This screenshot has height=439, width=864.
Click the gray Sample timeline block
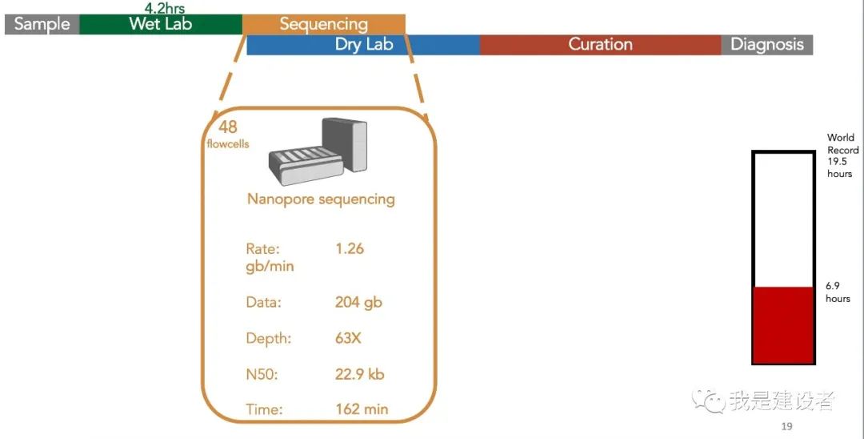pyautogui.click(x=42, y=24)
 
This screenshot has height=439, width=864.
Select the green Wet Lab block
pyautogui.click(x=161, y=24)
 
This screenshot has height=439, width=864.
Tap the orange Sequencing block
pyautogui.click(x=324, y=24)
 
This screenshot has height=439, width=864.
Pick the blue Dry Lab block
pyautogui.click(x=364, y=45)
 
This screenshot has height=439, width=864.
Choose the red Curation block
pyautogui.click(x=601, y=45)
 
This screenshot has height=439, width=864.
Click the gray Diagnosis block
pyautogui.click(x=767, y=45)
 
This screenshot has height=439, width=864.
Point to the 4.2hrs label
pyautogui.click(x=165, y=8)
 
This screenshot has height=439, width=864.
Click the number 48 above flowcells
pyautogui.click(x=227, y=127)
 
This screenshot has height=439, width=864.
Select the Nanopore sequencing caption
pyautogui.click(x=321, y=199)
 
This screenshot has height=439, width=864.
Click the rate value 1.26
pyautogui.click(x=350, y=248)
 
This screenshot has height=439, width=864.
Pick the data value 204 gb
pyautogui.click(x=358, y=302)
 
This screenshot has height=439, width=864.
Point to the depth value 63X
pyautogui.click(x=348, y=338)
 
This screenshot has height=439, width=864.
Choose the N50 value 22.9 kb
pyautogui.click(x=359, y=374)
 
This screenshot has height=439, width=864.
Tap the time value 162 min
pyautogui.click(x=362, y=409)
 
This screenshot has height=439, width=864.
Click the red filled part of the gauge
pyautogui.click(x=783, y=324)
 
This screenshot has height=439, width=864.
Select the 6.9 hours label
pyautogui.click(x=838, y=292)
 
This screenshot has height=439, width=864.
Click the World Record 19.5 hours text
pyautogui.click(x=842, y=155)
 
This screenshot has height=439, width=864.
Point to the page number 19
pyautogui.click(x=787, y=425)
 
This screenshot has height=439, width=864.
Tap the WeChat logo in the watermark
pyautogui.click(x=709, y=401)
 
